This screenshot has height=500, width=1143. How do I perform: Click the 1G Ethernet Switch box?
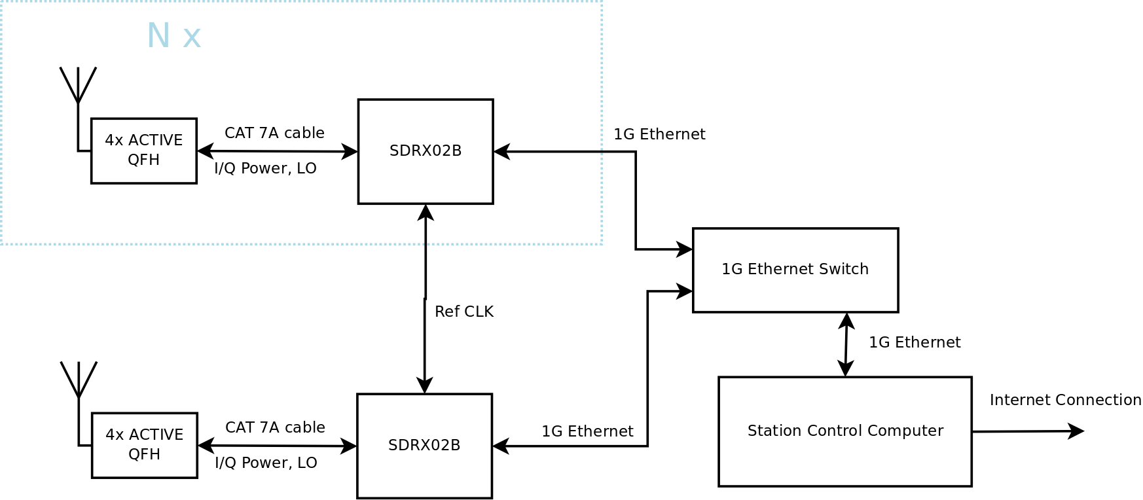pos(795,270)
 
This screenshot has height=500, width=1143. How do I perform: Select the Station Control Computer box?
pos(844,431)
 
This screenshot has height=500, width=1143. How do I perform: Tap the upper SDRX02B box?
pos(426,151)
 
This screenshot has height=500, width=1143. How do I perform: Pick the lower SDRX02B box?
pos(424,446)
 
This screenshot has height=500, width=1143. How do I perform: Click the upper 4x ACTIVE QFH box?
pos(144,151)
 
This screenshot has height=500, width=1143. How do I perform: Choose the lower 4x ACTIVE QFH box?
pos(145,445)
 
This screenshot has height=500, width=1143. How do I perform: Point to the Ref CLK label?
pos(463,312)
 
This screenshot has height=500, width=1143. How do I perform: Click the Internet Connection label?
pos(1065,400)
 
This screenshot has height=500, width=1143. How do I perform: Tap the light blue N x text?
pos(173,36)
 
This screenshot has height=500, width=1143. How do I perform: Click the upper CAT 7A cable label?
pos(274,133)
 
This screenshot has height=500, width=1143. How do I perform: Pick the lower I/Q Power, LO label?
pos(266,463)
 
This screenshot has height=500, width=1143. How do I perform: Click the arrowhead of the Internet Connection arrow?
pos(1076,431)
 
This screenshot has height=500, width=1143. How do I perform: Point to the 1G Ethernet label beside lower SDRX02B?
pos(587,431)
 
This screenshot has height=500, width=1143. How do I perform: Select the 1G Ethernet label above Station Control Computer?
pos(915,342)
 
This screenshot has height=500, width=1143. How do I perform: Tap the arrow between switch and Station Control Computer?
pos(846,345)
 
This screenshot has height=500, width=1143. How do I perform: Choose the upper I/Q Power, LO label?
pos(265,168)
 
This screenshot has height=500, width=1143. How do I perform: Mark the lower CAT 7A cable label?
pos(275,427)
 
